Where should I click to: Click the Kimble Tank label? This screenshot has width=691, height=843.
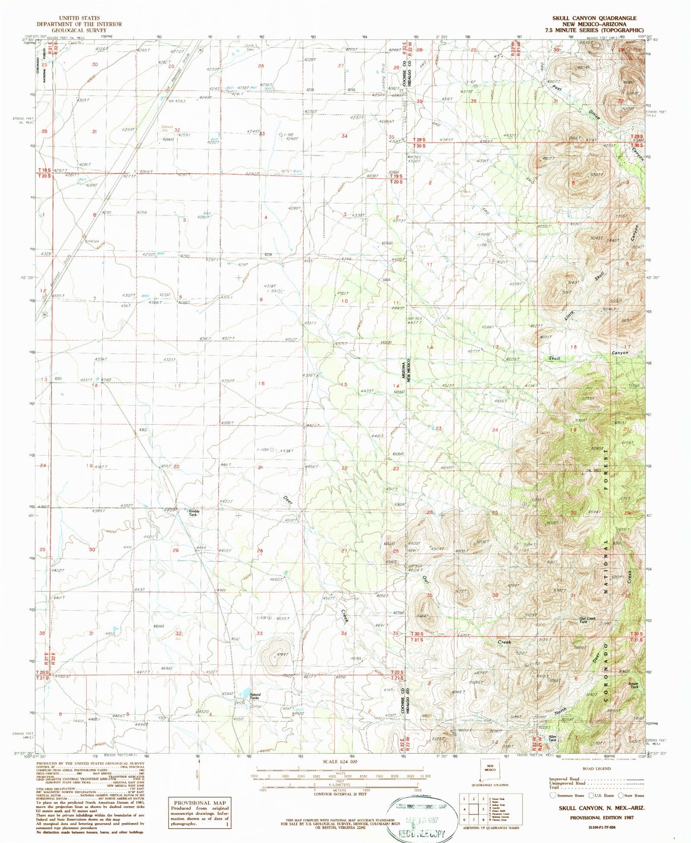click(192, 512)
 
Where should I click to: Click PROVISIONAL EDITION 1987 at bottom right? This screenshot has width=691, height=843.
click(602, 818)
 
